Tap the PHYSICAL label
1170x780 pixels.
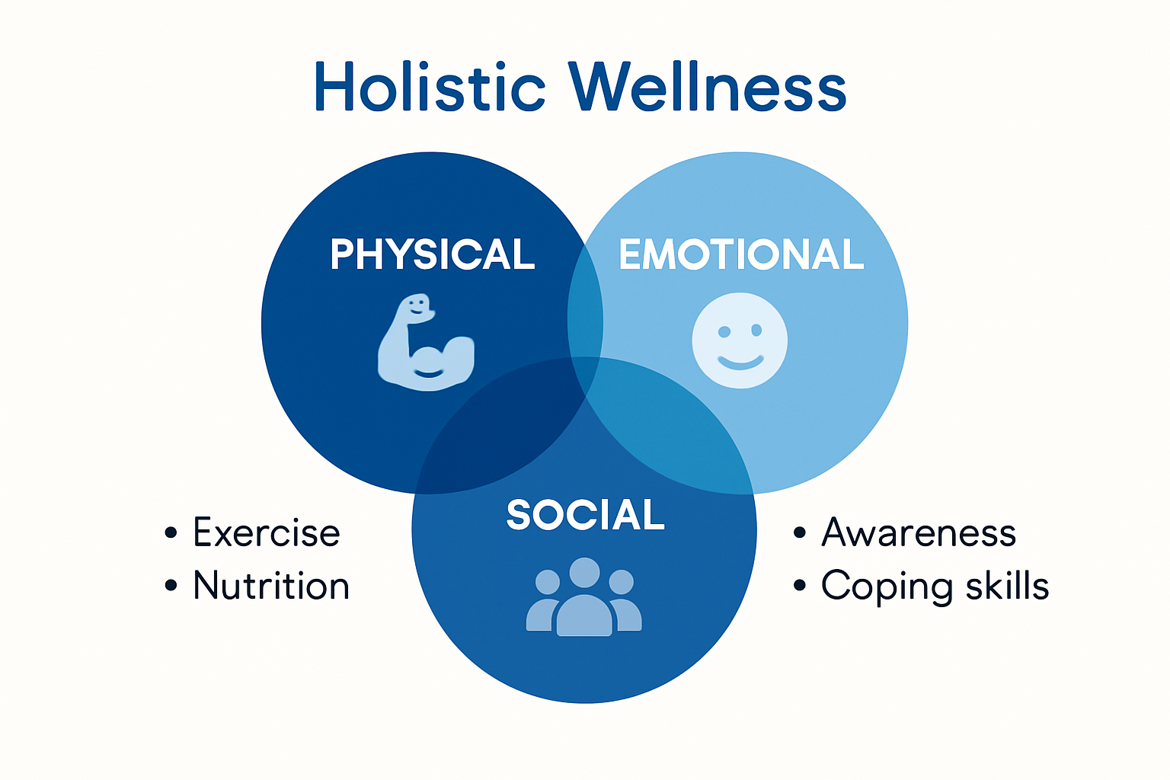[433, 254]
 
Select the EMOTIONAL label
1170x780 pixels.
[741, 254]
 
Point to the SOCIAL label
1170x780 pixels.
[585, 516]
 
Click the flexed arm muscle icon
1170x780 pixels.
[426, 344]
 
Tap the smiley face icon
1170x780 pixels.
[740, 340]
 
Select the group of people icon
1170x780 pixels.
[584, 597]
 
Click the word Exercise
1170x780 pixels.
[267, 532]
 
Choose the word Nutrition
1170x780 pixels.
[271, 586]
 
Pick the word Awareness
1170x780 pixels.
[919, 532]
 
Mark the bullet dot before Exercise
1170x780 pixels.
[171, 532]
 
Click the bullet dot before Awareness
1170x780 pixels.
[799, 532]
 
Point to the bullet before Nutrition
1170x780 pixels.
[171, 586]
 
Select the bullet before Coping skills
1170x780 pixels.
[799, 586]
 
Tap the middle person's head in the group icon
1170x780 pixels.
[584, 573]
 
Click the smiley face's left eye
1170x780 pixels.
[724, 331]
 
